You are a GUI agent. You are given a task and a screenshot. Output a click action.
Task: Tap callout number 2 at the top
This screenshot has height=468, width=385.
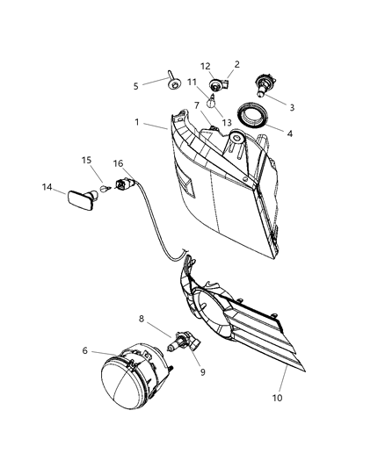236,64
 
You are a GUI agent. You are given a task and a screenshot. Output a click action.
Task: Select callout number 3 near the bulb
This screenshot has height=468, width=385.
291,108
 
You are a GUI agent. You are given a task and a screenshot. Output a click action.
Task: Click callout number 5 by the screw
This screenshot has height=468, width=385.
135,86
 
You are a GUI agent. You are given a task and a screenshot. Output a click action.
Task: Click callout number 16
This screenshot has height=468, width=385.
118,163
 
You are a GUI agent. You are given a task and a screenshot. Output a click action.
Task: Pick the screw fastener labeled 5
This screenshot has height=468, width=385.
168,81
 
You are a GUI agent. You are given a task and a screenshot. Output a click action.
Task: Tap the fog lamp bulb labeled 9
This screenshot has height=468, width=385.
185,339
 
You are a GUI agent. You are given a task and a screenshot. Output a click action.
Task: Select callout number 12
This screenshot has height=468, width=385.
205,66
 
